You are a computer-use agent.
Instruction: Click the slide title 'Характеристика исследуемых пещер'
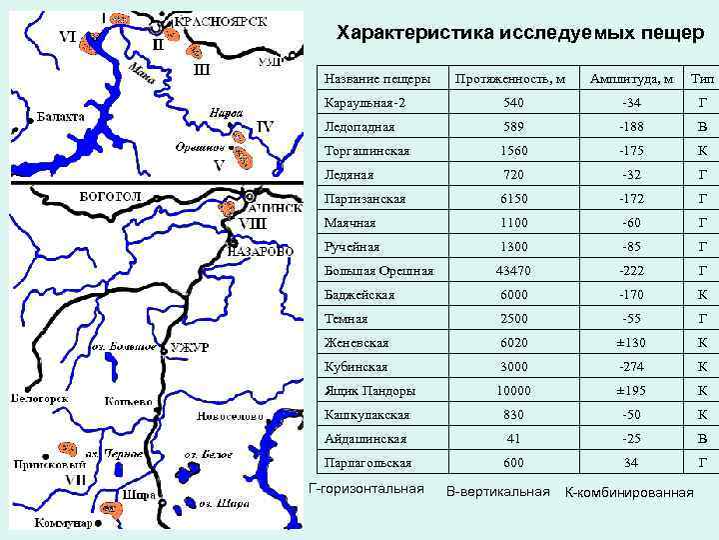514,34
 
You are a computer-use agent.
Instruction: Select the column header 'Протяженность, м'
509,78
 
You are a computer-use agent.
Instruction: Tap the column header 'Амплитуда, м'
631,78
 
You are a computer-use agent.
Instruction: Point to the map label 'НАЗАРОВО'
261,252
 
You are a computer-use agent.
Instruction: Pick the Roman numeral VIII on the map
252,223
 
